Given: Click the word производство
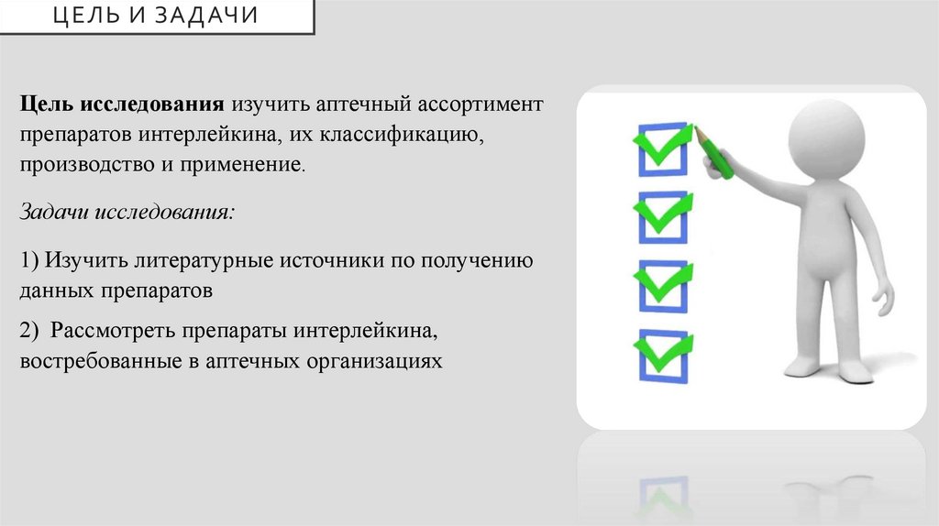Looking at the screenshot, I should pyautogui.click(x=90, y=166).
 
